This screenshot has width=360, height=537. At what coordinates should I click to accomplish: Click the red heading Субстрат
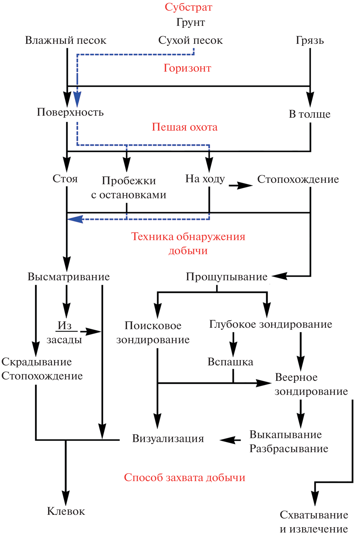click(188, 7)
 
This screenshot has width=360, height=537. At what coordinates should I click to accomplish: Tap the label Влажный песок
click(66, 40)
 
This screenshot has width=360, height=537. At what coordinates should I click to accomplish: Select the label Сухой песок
click(190, 40)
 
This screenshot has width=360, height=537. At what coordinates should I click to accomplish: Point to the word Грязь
click(310, 40)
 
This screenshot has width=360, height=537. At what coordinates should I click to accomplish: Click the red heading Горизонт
click(187, 68)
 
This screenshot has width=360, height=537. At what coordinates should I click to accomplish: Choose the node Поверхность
click(70, 112)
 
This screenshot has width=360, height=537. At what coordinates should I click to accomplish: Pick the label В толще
click(309, 114)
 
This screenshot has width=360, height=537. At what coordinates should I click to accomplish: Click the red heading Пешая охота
click(184, 127)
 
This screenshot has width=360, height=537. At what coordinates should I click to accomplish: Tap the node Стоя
click(65, 179)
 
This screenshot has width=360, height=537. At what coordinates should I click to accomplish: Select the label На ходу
click(205, 179)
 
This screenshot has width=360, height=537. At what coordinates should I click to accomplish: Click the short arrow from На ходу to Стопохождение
click(241, 185)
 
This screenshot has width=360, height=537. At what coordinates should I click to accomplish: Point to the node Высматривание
click(69, 277)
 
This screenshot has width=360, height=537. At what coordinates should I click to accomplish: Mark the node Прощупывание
click(226, 277)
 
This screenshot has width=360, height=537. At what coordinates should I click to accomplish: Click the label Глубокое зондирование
click(271, 324)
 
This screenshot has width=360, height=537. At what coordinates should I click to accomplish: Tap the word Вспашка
click(230, 362)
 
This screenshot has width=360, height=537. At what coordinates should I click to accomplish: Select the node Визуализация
click(168, 438)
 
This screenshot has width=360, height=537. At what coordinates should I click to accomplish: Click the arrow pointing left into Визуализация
click(230, 440)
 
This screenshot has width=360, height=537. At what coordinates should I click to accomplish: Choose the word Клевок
click(66, 511)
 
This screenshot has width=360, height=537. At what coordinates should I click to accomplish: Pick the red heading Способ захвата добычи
click(184, 477)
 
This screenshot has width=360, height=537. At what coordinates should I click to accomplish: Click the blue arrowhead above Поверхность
click(77, 99)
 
